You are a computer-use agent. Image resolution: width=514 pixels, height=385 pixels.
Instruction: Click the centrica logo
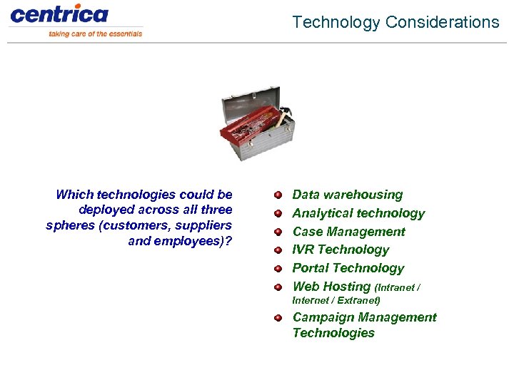coord(59,14)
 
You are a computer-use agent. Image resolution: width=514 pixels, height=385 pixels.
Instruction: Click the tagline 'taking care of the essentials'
coord(95,34)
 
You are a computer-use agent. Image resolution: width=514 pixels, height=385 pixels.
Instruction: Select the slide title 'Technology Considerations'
coord(395,22)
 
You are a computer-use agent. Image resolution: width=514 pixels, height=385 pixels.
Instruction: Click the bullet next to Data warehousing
coord(278,195)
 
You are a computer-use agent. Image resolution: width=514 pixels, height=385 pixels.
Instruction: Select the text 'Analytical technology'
coord(358,213)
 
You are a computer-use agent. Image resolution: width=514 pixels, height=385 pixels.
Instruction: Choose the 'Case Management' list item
coord(348,232)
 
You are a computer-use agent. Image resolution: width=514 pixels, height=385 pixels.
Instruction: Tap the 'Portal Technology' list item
coord(348,268)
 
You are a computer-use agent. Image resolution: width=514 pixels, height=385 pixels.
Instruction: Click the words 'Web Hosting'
coord(331,287)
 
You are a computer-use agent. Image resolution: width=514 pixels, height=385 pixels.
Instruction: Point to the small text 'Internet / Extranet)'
coord(336,301)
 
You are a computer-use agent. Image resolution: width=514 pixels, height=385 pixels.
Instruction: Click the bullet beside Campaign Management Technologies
coord(278,318)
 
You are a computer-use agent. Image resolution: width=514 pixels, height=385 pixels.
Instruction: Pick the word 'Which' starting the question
coord(74,195)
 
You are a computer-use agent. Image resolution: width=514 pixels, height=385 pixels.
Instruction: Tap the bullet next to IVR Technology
coord(278,250)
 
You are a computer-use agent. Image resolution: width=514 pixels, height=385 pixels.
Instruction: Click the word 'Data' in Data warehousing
coord(306,195)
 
